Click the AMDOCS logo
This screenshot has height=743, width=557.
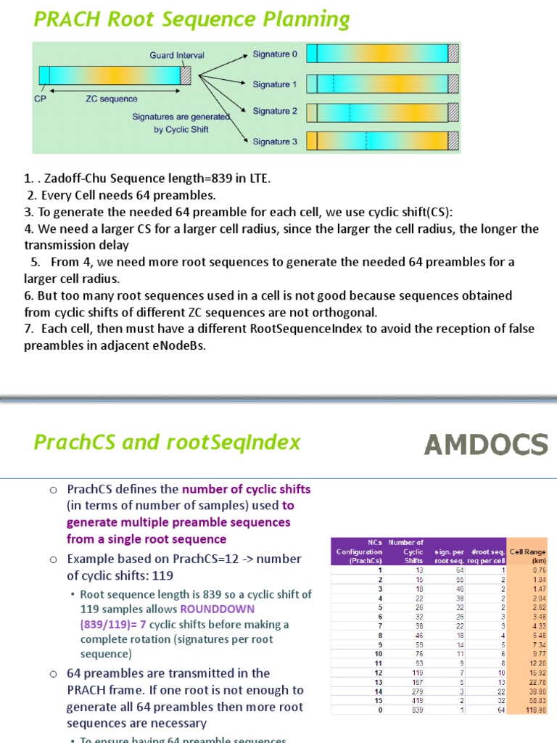click(485, 444)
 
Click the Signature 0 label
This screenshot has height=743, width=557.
click(275, 54)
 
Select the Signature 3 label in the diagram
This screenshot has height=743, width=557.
click(275, 141)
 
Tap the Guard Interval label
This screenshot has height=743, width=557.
click(177, 55)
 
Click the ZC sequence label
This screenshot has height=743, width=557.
click(111, 99)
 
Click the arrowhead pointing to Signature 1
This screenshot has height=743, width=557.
click(246, 85)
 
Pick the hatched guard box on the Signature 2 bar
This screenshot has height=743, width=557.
click(453, 112)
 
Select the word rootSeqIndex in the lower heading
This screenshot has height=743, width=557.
click(249, 443)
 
